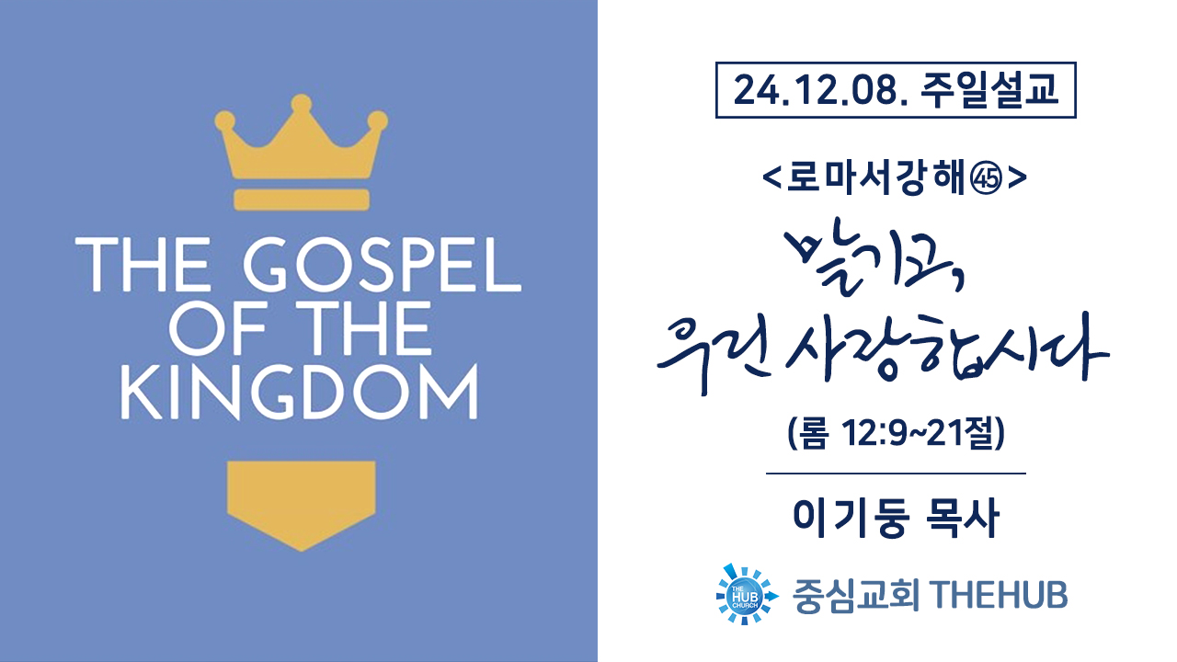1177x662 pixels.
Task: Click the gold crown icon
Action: (x=301, y=138)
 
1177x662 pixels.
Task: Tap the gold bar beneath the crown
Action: (x=302, y=200)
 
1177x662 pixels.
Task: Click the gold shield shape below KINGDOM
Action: (x=301, y=506)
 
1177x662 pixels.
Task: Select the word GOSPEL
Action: (x=383, y=264)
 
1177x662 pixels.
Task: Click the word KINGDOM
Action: (x=300, y=392)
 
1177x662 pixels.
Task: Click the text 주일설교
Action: (x=988, y=90)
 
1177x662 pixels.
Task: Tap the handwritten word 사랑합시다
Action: (x=947, y=347)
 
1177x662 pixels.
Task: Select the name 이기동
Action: (x=851, y=519)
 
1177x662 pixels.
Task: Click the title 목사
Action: (x=961, y=519)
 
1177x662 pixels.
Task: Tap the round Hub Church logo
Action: (x=746, y=594)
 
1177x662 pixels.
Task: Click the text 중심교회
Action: (x=856, y=596)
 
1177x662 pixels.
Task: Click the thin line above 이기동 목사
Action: (x=896, y=474)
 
